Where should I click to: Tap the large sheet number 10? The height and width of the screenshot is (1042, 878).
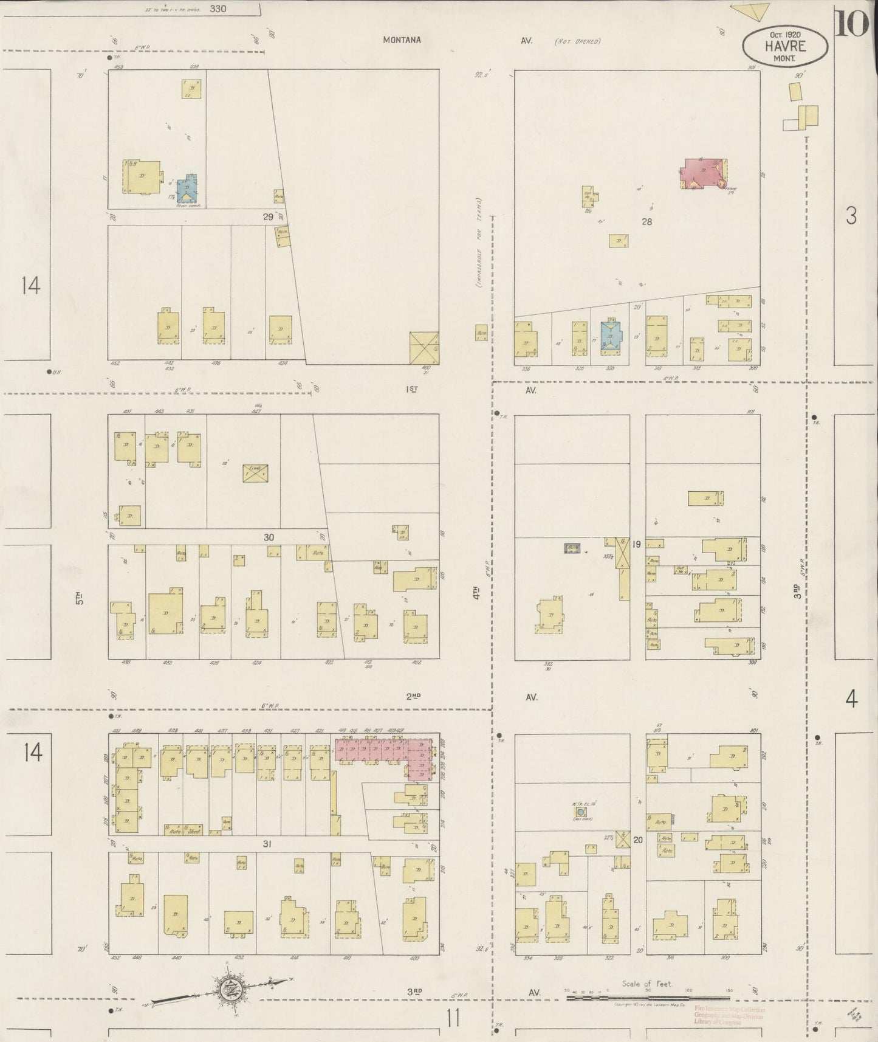coord(852,24)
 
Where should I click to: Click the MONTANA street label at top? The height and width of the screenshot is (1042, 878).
coord(402,40)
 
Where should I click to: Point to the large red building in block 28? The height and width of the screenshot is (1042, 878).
coord(704,173)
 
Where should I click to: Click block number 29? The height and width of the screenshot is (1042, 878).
coord(268,217)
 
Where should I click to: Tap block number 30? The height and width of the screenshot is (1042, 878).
coord(269,537)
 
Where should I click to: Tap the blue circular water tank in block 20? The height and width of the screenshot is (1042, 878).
coord(581,812)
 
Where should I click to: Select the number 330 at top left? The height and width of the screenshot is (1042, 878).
coord(217,9)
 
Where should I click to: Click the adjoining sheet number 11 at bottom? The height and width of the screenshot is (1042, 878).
coord(452,1016)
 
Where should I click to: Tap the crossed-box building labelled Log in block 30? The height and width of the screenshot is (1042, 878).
coord(255,473)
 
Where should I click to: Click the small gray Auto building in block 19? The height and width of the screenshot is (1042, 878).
coord(572,548)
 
